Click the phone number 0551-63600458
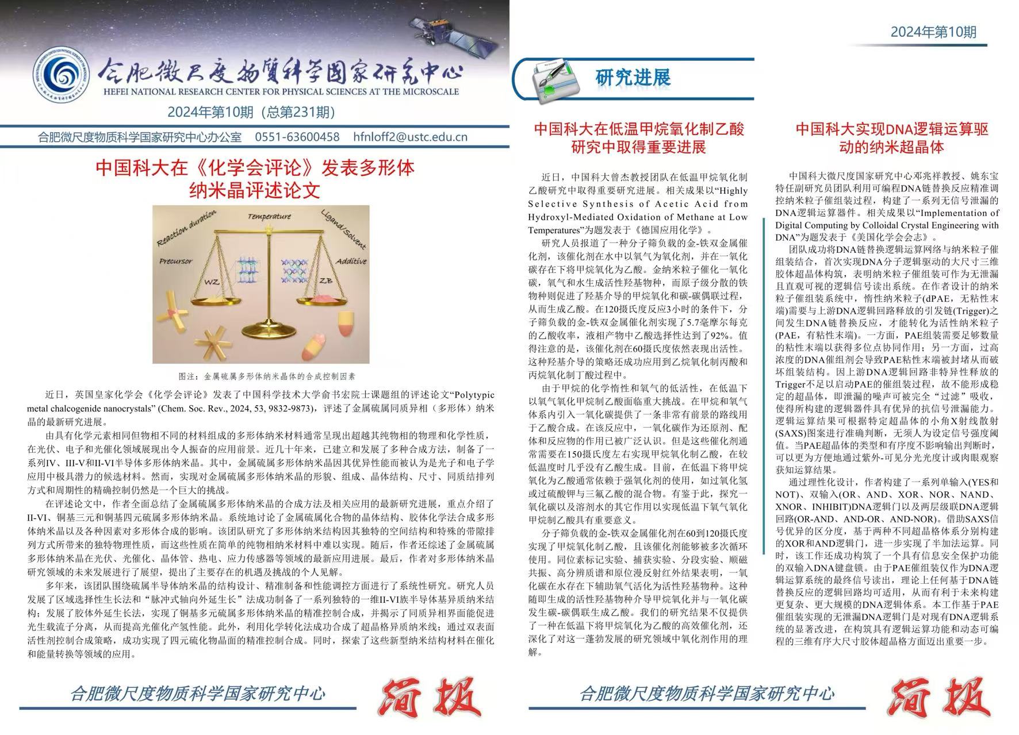[297, 137]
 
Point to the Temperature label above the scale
[269, 217]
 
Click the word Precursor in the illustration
[176, 261]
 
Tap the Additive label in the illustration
[351, 262]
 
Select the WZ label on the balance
[212, 282]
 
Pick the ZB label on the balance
[326, 281]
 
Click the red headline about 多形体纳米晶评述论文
[255, 178]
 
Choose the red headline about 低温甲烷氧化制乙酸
[638, 138]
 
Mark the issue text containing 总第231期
[251, 111]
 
